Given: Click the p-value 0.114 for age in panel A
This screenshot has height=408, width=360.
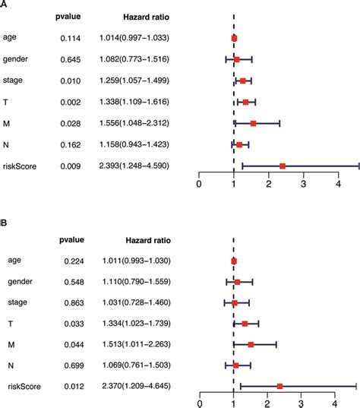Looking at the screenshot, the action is pos(70,38).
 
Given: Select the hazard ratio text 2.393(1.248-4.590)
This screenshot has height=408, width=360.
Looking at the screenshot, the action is pos(134,166).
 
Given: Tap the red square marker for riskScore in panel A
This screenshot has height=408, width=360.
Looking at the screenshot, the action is pos(283,166).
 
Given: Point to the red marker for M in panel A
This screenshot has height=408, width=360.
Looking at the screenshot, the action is pos(253,123).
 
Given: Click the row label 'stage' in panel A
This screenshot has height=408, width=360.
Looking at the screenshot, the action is pos(12,81).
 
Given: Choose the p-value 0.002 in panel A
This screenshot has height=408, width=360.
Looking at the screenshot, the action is pos(70,103).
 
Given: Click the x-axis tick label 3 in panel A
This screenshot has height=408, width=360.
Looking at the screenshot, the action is pos(303,184).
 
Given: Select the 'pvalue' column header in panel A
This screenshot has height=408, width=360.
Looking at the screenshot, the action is pos(68,17).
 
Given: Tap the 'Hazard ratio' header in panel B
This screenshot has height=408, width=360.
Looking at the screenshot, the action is pos(148,240).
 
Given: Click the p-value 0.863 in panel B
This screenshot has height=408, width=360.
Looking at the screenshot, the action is pos(74,303).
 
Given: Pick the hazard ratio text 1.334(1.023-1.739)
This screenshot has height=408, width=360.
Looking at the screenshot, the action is pos(137,324).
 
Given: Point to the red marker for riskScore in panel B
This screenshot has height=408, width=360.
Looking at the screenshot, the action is pos(279,387).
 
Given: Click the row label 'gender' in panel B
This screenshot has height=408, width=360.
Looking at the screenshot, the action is pos(20,282).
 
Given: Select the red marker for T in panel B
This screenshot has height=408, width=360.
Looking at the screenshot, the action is pos(245,324).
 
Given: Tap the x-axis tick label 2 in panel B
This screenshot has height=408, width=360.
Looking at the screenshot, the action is pos(267,404).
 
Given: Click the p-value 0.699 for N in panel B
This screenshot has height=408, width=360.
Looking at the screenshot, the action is pos(74,365).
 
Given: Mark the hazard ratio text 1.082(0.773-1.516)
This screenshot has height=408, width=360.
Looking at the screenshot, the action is pos(134,59).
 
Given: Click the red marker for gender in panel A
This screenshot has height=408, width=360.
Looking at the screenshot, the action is pos(237,59).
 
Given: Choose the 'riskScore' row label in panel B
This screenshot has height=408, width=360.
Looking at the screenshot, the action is pos(24,387).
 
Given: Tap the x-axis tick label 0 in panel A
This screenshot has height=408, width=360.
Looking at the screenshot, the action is pos(199,184).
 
